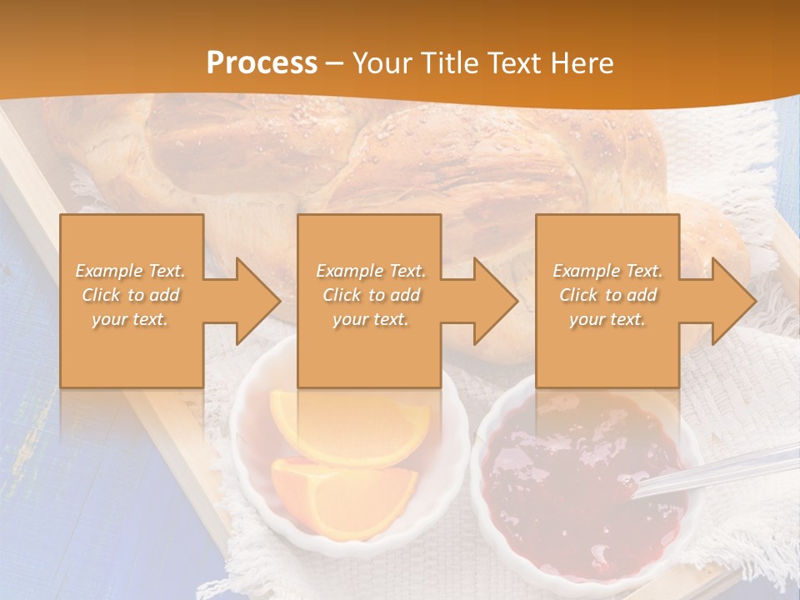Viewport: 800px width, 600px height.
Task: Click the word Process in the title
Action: [x=262, y=63]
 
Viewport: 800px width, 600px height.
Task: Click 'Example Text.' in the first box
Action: [x=131, y=271]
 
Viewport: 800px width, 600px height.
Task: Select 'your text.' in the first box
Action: [x=131, y=319]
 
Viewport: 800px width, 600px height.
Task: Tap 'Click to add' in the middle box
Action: [x=371, y=295]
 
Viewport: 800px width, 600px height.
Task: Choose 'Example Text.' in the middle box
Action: [x=371, y=271]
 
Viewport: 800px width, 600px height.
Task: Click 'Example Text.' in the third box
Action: [x=607, y=271]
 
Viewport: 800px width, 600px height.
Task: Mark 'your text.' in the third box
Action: [x=607, y=319]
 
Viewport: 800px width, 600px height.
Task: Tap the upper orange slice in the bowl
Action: [x=350, y=425]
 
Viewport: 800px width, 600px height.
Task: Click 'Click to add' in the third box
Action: [x=607, y=295]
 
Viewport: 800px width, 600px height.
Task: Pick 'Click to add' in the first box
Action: [x=131, y=295]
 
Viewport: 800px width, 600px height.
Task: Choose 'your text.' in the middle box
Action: [x=371, y=319]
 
